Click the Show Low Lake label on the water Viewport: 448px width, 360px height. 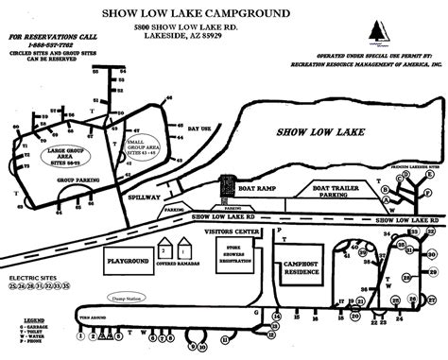click(x=311, y=133)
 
